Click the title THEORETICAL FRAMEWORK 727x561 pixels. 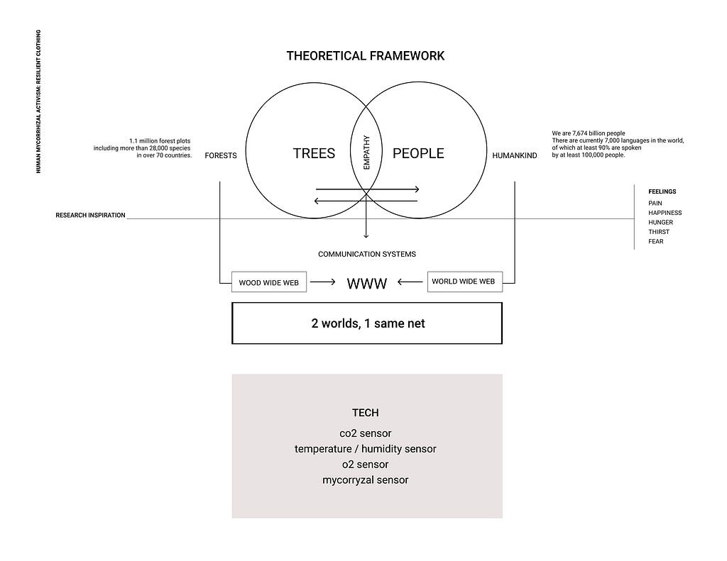(366, 56)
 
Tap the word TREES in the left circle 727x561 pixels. (314, 153)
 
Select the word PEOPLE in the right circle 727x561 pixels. (418, 153)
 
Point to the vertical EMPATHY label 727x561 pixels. (366, 152)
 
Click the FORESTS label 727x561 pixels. (221, 155)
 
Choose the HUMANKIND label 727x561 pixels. (515, 155)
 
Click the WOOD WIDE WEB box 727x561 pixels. (269, 282)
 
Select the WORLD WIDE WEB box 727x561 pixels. (464, 281)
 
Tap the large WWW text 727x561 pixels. (367, 283)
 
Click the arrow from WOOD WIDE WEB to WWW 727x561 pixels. (323, 282)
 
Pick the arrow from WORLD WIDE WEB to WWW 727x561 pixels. (410, 282)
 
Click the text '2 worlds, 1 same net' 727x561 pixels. (368, 323)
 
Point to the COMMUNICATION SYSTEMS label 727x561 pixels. (367, 254)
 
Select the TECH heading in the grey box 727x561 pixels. (366, 413)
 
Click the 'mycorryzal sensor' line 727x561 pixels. (366, 480)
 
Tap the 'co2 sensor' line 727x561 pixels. (366, 433)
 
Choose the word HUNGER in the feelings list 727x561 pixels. (661, 223)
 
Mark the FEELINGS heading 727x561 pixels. (662, 191)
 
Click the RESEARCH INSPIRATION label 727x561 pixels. (90, 216)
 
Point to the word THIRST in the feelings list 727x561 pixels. (659, 232)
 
